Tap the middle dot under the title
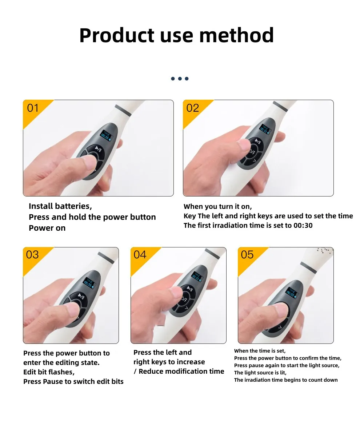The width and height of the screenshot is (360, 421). pos(180,79)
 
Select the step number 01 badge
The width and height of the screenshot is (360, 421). pos(33,108)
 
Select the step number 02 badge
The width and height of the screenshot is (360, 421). pos(192,108)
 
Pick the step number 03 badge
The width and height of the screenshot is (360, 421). pos(32,255)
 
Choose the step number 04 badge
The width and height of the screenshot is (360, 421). pos(140,255)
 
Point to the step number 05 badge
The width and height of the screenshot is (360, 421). pos(247,255)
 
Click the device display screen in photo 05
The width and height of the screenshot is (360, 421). pos(291,293)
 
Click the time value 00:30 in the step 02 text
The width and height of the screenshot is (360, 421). pos(303,226)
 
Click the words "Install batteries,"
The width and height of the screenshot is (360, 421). pos(60,206)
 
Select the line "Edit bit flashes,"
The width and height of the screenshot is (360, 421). pos(49,372)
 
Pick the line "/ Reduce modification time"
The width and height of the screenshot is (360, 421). pos(179,372)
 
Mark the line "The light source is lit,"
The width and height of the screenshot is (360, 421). pos(260,373)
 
